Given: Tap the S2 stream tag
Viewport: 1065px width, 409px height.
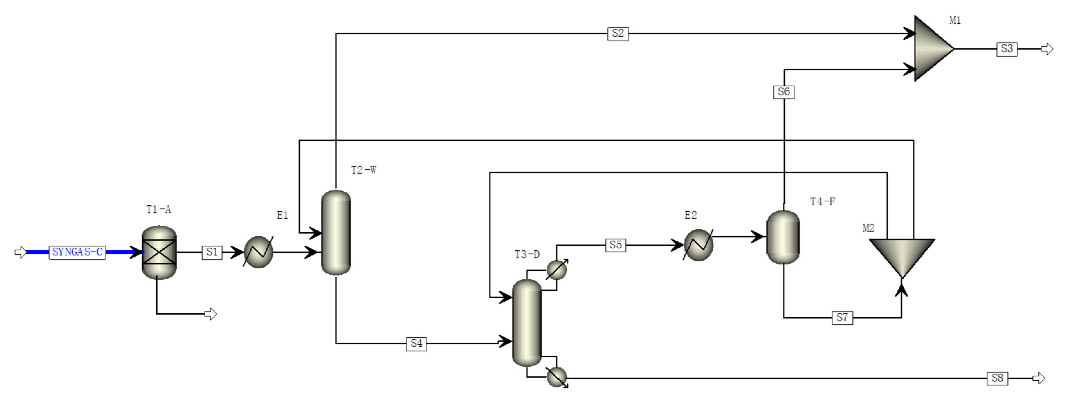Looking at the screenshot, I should pyautogui.click(x=618, y=34).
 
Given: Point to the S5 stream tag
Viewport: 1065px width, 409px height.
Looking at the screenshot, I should pyautogui.click(x=615, y=245).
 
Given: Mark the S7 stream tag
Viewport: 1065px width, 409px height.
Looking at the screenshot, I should pyautogui.click(x=842, y=318).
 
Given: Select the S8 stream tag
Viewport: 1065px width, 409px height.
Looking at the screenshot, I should pyautogui.click(x=997, y=378).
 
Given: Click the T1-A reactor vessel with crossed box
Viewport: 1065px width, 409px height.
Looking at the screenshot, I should pyautogui.click(x=159, y=252).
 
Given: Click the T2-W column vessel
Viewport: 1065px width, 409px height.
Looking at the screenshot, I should pyautogui.click(x=336, y=232).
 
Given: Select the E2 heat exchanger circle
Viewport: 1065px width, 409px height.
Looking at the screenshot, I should pyautogui.click(x=698, y=245).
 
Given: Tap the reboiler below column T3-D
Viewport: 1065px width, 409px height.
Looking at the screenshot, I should pyautogui.click(x=556, y=377).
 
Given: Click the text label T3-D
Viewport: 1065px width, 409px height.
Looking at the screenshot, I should pyautogui.click(x=527, y=255).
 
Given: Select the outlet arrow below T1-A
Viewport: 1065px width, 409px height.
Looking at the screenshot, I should pyautogui.click(x=210, y=314).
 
